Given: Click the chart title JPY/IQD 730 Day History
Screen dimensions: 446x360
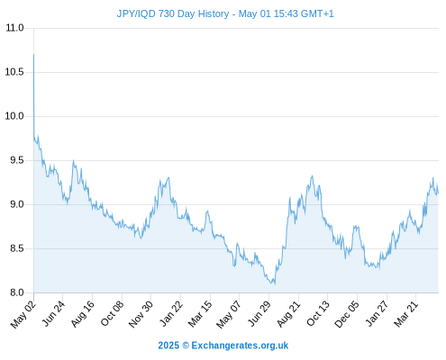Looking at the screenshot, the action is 173,13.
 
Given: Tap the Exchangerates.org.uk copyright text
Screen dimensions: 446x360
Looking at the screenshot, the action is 223,346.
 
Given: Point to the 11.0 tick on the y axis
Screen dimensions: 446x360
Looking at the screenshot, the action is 14,28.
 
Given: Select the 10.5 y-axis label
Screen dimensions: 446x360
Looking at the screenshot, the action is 14,72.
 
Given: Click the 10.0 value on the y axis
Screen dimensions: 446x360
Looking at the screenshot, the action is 14,116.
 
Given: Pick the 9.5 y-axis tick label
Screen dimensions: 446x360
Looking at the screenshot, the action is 17,160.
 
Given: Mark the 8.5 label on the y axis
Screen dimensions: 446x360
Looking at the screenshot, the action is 17,248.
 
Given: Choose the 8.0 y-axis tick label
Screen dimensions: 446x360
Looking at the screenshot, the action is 17,292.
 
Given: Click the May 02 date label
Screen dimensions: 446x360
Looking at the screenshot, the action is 23,314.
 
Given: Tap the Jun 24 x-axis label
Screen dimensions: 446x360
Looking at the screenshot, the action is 53,314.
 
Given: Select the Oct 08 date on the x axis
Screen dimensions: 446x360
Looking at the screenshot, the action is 112,314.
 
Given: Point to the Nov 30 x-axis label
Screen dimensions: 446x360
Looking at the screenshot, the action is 141,314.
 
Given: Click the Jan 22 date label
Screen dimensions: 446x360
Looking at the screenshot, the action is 171,314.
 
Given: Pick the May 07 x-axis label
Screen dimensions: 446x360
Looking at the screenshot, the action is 229,314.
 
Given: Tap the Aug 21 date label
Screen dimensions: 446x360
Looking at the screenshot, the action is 288,314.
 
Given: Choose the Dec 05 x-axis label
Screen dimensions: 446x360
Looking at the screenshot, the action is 347,314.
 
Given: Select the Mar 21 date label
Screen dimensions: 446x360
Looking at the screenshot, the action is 406,314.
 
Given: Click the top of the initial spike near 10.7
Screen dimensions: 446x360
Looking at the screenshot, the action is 33,55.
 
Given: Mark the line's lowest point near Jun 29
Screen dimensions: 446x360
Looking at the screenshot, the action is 275,283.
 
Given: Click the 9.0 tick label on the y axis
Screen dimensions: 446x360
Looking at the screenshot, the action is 17,204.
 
